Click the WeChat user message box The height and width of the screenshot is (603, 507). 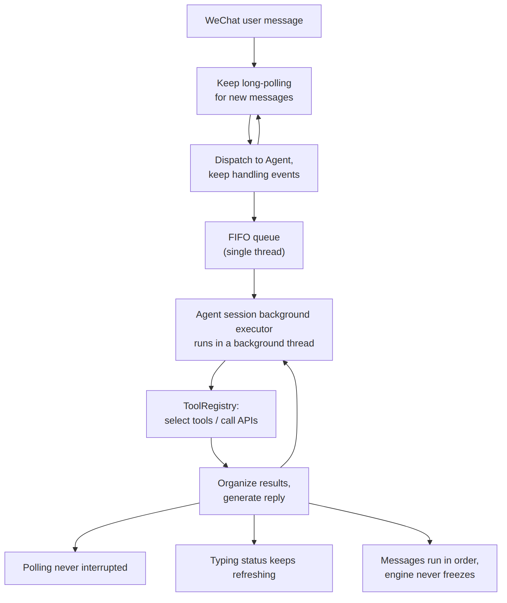point(254,21)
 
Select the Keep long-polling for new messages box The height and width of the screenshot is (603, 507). point(254,91)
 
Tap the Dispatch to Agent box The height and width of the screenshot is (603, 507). point(254,168)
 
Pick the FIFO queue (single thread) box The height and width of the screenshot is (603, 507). point(254,245)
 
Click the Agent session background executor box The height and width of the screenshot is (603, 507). point(254,329)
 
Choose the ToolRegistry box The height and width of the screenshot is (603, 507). point(211,414)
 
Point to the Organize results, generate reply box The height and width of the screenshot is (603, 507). point(254,491)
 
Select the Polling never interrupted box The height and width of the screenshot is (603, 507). point(75,568)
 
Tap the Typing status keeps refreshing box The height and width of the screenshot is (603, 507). point(254,568)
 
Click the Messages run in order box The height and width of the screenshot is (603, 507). point(430,568)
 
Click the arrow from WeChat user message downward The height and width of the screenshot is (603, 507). point(254,52)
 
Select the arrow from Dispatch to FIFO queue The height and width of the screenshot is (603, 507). point(254,207)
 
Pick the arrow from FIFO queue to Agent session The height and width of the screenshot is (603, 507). point(254,284)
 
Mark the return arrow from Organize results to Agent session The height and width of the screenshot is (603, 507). point(297,414)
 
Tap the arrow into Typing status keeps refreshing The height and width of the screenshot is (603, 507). point(254,530)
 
